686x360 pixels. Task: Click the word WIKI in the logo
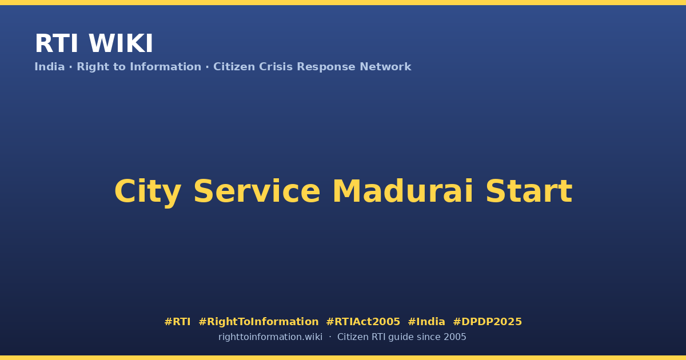[121, 43]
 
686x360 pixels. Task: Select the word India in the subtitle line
[50, 67]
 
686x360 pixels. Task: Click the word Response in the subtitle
[326, 67]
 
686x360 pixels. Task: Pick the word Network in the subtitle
[385, 67]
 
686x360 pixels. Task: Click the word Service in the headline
[257, 191]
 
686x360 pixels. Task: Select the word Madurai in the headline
[402, 191]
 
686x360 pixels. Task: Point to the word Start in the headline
[529, 191]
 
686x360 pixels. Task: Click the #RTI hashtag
[177, 322]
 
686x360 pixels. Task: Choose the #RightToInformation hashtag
[258, 322]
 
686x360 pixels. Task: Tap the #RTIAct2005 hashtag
[363, 322]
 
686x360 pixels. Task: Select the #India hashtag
[426, 322]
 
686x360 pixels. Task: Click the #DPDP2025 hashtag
[487, 322]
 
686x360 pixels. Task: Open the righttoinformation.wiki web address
[270, 337]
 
